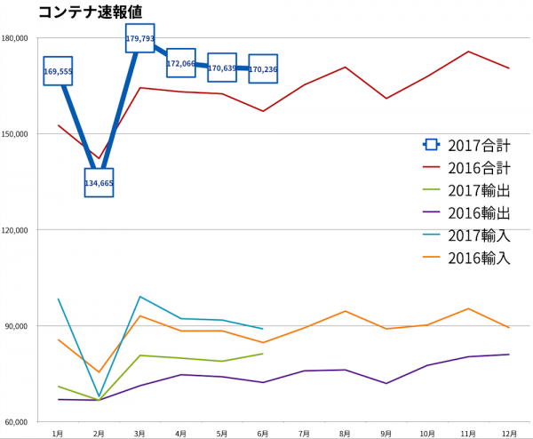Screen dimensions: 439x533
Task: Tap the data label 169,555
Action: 58,71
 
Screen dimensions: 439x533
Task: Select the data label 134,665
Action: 99,183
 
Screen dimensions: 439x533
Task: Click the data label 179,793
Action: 140,39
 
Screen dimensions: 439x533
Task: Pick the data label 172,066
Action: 180,63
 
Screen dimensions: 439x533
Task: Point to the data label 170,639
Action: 222,68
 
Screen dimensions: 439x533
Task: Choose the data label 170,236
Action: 263,69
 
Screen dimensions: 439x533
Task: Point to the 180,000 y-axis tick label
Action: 18,38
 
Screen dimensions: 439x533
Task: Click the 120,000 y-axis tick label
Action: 18,230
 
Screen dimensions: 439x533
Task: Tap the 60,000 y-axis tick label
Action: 20,422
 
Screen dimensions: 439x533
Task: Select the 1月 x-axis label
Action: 58,433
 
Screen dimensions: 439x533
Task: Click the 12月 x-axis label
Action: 508,433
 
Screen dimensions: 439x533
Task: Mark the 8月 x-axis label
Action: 345,433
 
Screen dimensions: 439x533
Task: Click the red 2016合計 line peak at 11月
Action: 468,52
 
